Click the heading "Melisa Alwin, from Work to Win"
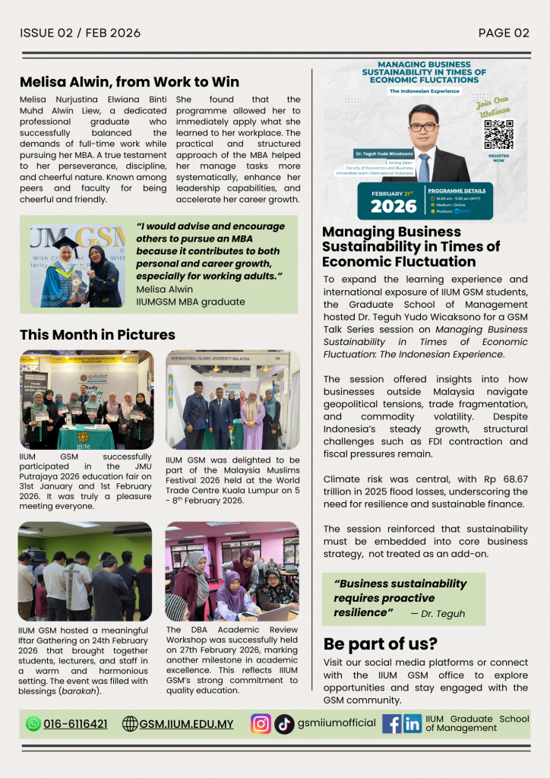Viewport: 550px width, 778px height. pyautogui.click(x=129, y=82)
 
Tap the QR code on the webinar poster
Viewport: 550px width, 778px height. pyautogui.click(x=498, y=134)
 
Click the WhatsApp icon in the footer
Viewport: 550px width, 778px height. pyautogui.click(x=33, y=723)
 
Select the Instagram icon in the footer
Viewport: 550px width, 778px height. pyautogui.click(x=261, y=723)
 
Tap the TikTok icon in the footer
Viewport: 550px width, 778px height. pyautogui.click(x=284, y=723)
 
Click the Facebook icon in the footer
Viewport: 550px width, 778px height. pyautogui.click(x=392, y=723)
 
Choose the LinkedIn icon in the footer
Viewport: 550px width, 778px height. pyautogui.click(x=412, y=723)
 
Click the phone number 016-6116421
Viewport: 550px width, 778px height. pyautogui.click(x=75, y=723)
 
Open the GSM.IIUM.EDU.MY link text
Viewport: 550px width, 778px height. pyautogui.click(x=186, y=723)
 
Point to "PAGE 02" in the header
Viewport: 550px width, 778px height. pyautogui.click(x=504, y=33)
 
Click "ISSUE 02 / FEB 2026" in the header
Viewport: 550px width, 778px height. pyautogui.click(x=80, y=33)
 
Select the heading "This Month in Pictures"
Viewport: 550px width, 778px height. pyautogui.click(x=97, y=334)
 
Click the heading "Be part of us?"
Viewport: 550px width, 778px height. pyautogui.click(x=380, y=644)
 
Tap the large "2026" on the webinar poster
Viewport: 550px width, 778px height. pyautogui.click(x=394, y=206)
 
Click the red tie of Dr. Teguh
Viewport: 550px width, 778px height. pyautogui.click(x=423, y=165)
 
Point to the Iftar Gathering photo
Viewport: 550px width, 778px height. pyautogui.click(x=85, y=571)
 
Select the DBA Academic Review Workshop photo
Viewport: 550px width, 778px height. pyautogui.click(x=232, y=571)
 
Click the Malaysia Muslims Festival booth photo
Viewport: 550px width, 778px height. pyautogui.click(x=232, y=399)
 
